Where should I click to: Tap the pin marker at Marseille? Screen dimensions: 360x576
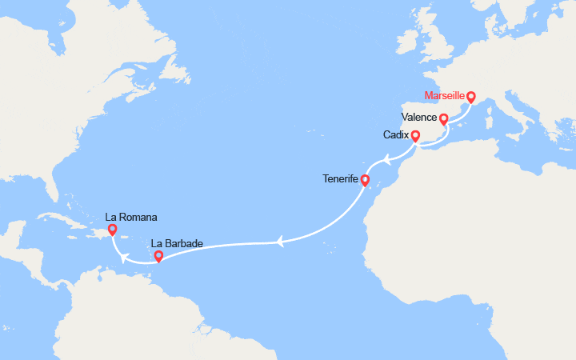(x=470, y=98)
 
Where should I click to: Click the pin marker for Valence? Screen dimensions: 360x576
(x=444, y=119)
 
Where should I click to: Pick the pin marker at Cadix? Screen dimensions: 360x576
(x=415, y=136)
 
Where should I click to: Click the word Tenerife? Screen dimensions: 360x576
(x=339, y=179)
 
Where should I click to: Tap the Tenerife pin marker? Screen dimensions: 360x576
(x=364, y=180)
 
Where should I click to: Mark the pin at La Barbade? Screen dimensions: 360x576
(x=158, y=257)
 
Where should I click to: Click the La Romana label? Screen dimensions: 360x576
(x=130, y=216)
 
